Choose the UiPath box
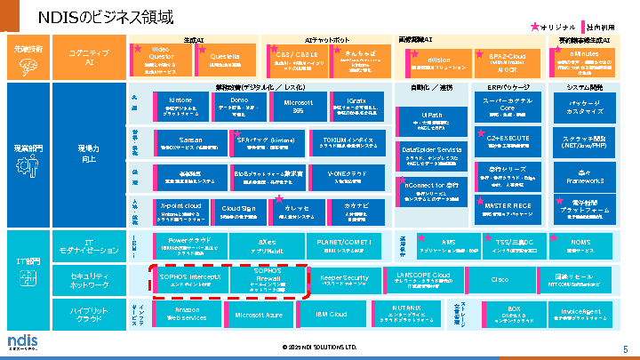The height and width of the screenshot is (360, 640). tap(432, 120)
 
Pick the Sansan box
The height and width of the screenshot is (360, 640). tap(187, 142)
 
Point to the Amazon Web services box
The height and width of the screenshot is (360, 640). tap(187, 313)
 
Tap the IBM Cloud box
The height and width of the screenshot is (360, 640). tap(331, 315)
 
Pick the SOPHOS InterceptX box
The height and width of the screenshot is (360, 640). tap(189, 279)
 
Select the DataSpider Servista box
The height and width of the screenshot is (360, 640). tap(432, 152)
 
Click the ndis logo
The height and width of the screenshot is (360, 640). tap(21, 342)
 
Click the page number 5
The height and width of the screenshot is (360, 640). tap(625, 348)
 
